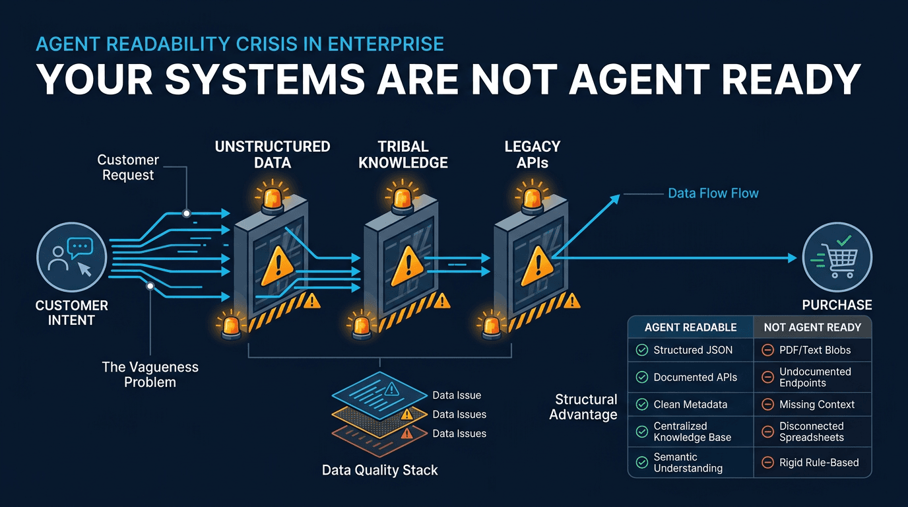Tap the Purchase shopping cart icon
pyautogui.click(x=837, y=257)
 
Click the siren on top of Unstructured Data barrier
pyautogui.click(x=273, y=199)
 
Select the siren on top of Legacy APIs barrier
pyautogui.click(x=532, y=199)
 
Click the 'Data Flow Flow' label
pyautogui.click(x=713, y=193)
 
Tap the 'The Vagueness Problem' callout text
pyautogui.click(x=150, y=374)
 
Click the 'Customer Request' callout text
pyautogui.click(x=128, y=167)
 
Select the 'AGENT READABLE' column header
pyautogui.click(x=690, y=327)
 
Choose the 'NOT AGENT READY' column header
pyautogui.click(x=812, y=327)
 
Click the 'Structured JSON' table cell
pyautogui.click(x=693, y=351)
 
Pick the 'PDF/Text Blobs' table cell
pyautogui.click(x=815, y=351)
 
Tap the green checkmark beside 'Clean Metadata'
pyautogui.click(x=641, y=405)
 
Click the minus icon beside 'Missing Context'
pyautogui.click(x=767, y=405)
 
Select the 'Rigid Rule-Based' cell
pyautogui.click(x=819, y=462)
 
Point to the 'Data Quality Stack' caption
pyautogui.click(x=379, y=470)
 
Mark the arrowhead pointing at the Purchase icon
pyautogui.click(x=793, y=258)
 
